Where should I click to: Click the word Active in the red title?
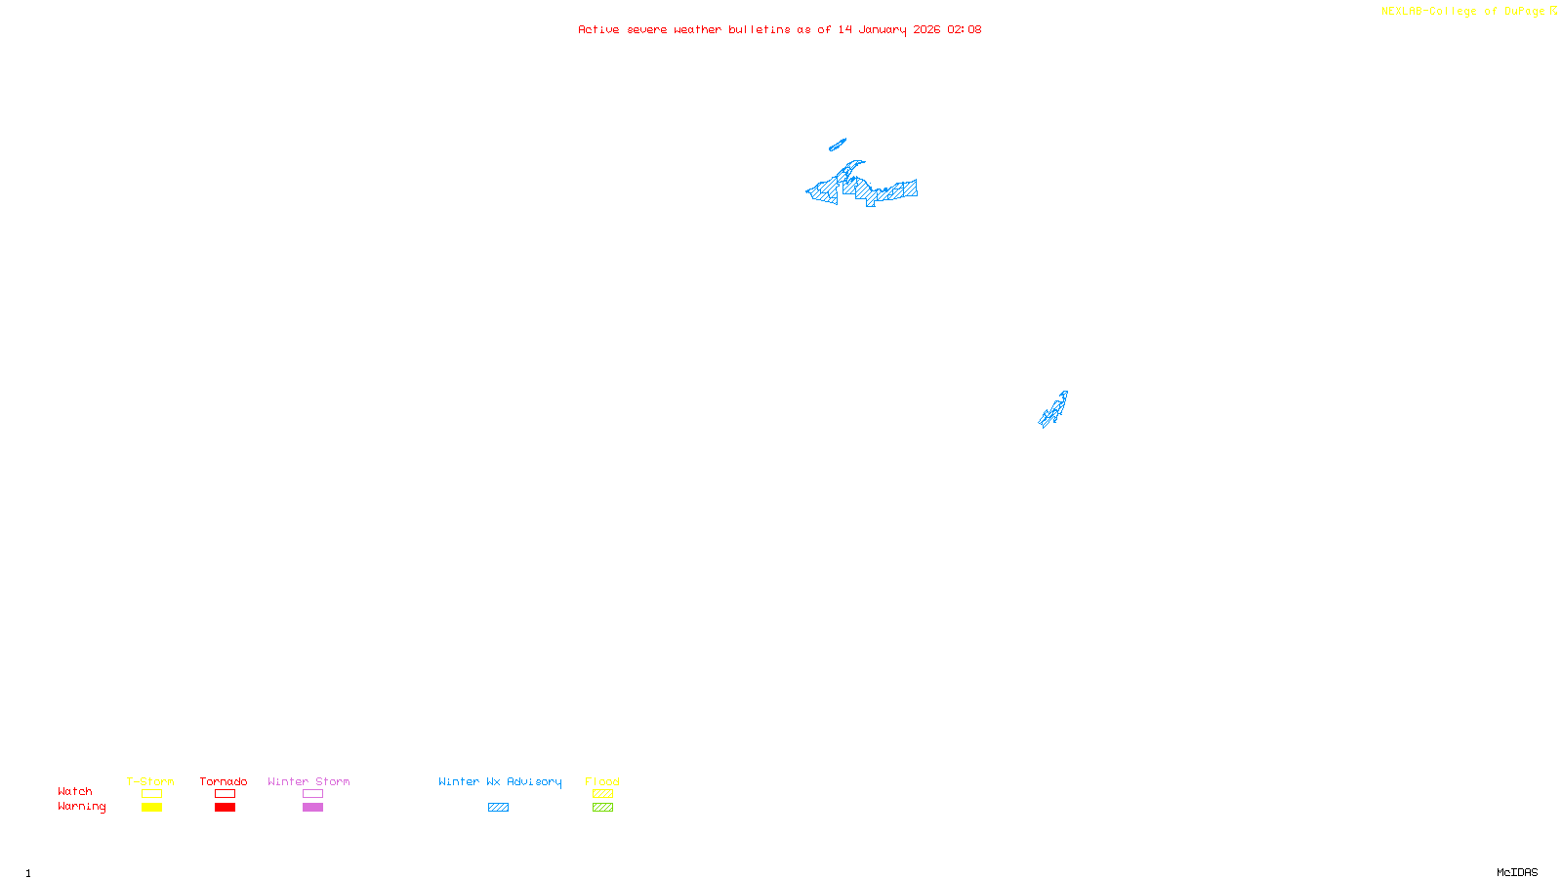tap(598, 29)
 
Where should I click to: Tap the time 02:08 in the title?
tap(964, 29)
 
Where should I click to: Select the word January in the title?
tap(883, 29)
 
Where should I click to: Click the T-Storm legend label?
tap(150, 781)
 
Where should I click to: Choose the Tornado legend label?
tap(224, 781)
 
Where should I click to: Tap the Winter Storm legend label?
tap(308, 781)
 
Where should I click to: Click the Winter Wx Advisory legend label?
tap(500, 781)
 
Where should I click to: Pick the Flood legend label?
tap(602, 781)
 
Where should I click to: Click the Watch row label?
tap(75, 791)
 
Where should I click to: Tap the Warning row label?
tap(81, 807)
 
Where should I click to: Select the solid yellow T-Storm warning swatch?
tap(151, 808)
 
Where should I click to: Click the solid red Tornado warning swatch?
tap(225, 808)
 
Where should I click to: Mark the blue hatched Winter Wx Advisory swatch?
tap(498, 808)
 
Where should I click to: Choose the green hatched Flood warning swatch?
tap(602, 808)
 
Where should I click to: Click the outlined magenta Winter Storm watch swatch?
tap(312, 794)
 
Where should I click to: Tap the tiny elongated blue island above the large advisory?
tap(837, 146)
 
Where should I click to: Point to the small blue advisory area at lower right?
tap(1053, 410)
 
